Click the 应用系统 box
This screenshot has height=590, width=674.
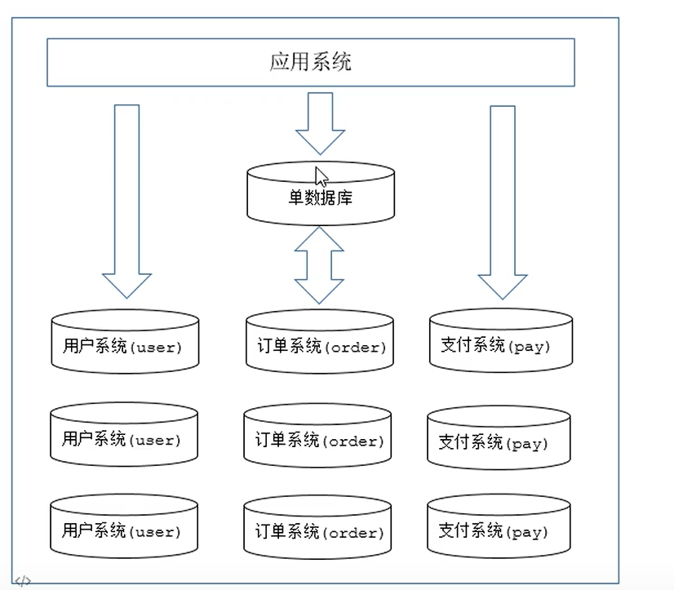click(310, 63)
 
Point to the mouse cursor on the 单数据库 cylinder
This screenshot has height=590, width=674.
click(321, 175)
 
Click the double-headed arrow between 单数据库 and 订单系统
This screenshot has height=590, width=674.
click(319, 265)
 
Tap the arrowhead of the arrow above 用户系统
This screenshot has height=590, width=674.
click(126, 285)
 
